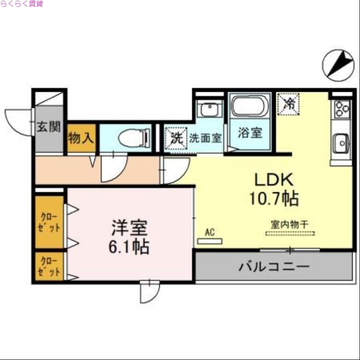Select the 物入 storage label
[x=81, y=138]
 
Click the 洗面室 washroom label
[x=205, y=138]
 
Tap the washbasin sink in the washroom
[x=210, y=109]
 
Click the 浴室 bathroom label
[x=250, y=133]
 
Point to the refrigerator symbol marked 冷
[x=288, y=103]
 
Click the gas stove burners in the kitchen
[x=341, y=109]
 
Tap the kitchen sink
[x=341, y=144]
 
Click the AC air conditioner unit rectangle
[x=210, y=241]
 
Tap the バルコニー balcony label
[x=274, y=266]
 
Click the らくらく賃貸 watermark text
[x=22, y=4]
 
